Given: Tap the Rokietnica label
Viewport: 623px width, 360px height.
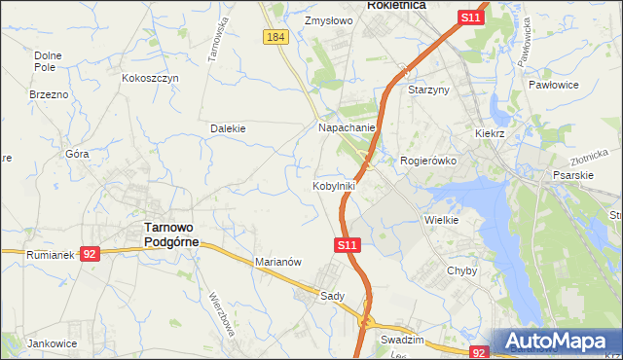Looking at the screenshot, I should coord(397,5).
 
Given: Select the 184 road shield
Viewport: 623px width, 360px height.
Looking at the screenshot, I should coord(275,36).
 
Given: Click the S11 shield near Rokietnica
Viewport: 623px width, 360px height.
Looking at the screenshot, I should coord(471,18).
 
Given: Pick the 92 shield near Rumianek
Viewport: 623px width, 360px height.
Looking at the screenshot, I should coord(90,253).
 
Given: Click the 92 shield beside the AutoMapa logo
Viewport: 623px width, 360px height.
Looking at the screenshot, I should coord(479,353).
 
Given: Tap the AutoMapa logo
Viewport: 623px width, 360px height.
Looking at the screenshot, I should coord(557,342).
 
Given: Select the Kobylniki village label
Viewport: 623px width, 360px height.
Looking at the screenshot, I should coord(334,185).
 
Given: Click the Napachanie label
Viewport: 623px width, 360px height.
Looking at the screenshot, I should coord(347,127).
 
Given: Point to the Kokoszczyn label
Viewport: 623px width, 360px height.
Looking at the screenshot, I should coord(151,77).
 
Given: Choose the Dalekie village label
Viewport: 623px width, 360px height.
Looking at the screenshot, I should coord(228,127).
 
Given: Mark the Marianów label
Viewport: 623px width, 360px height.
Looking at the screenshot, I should coord(279,262).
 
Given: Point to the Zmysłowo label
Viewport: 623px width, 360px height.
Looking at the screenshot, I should coord(326,19).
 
